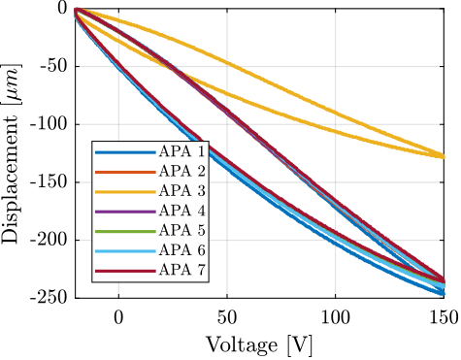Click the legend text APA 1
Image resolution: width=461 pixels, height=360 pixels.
pos(181,151)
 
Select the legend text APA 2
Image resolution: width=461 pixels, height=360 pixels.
pos(181,171)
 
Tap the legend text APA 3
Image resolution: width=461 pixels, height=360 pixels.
pos(181,191)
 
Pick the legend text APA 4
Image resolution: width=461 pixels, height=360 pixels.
pos(181,211)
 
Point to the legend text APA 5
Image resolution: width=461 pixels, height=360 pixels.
pos(181,231)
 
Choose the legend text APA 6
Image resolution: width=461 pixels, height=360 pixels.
pos(181,250)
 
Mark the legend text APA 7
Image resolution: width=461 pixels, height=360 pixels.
pos(181,270)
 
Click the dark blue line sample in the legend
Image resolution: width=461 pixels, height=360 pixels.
pos(125,152)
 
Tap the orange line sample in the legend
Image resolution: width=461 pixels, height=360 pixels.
pos(125,172)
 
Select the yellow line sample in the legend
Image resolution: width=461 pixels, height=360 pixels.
pos(125,191)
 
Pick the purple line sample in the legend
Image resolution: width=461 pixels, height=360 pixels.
pos(125,212)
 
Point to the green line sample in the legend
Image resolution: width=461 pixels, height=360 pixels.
pos(125,231)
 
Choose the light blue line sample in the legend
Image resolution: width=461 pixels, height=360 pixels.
pos(125,250)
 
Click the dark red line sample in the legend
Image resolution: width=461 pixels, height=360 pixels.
pos(125,271)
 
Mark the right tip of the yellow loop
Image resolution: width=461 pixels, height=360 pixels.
pos(444,155)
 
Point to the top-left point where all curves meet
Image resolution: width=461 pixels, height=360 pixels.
pos(77,12)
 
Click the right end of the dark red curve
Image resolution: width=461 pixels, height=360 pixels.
pos(444,280)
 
